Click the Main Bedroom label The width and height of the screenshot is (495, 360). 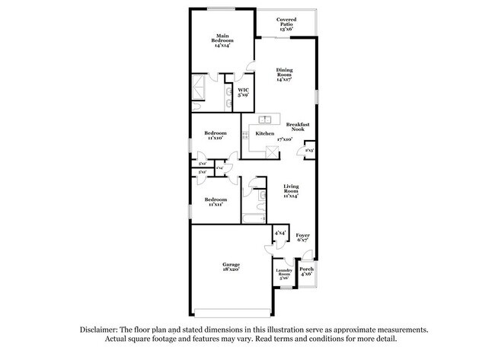tap(222, 40)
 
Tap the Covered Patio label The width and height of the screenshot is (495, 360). tap(286, 24)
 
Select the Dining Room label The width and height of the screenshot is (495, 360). tap(284, 74)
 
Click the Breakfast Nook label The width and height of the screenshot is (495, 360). tap(298, 127)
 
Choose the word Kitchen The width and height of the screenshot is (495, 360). tap(264, 133)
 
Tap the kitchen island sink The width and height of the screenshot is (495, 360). tap(265, 119)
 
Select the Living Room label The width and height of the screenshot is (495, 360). tap(291, 189)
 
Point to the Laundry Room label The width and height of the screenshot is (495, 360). tap(284, 274)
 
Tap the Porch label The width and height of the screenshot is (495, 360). tap(306, 271)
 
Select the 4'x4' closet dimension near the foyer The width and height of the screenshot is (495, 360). tap(280, 232)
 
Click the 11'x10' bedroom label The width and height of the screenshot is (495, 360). tap(215, 136)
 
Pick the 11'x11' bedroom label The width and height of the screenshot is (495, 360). tap(215, 202)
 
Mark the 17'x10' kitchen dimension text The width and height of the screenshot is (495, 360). tap(286, 140)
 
